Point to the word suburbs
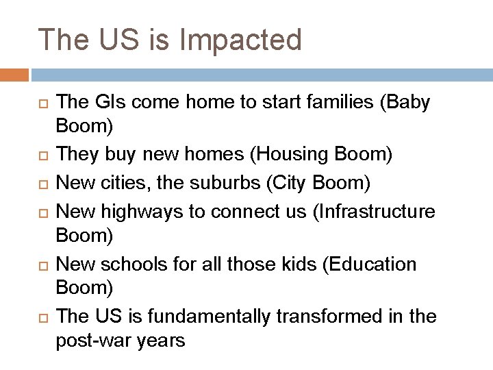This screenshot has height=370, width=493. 216,183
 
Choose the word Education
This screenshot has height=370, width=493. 377,264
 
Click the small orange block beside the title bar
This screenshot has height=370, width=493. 14,74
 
